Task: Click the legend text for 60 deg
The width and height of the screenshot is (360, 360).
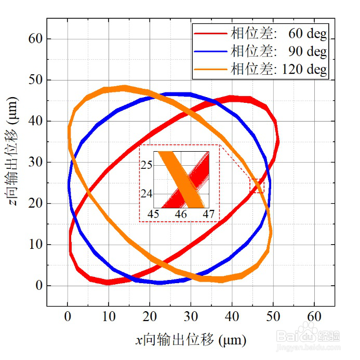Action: click(279, 34)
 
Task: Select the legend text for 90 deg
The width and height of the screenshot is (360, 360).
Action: click(279, 51)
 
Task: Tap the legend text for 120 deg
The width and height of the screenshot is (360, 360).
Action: click(279, 69)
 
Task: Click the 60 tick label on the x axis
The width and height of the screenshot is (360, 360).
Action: click(314, 316)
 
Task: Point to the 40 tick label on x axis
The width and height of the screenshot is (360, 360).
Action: click(232, 316)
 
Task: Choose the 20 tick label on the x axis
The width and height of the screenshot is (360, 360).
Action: click(150, 316)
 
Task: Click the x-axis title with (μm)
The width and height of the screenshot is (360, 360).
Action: click(190, 340)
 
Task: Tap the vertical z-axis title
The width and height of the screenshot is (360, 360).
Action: click(15, 162)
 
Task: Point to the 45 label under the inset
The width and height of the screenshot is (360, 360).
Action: click(154, 214)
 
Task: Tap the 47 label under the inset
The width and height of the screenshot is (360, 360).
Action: click(208, 214)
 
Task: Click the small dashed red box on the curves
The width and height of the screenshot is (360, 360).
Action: click(257, 185)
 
